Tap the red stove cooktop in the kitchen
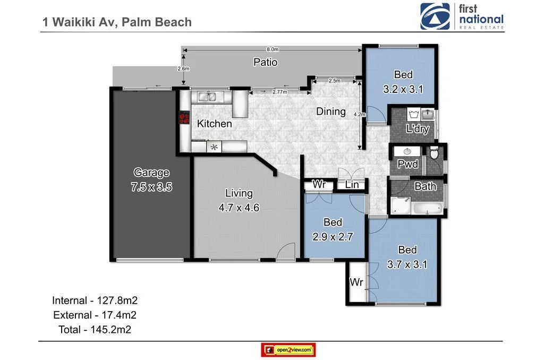pyautogui.click(x=184, y=117)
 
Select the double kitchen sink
pyautogui.click(x=211, y=97)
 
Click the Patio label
pyautogui.click(x=265, y=62)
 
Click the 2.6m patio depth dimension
pyautogui.click(x=183, y=68)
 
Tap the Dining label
pyautogui.click(x=330, y=112)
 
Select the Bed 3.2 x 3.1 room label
pyautogui.click(x=403, y=82)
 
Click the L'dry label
pyautogui.click(x=417, y=128)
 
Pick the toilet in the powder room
pyautogui.click(x=434, y=154)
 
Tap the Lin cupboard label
pyautogui.click(x=352, y=185)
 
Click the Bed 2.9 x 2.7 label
pyautogui.click(x=333, y=230)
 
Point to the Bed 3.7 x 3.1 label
pyautogui.click(x=407, y=257)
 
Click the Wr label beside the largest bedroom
pyautogui.click(x=356, y=282)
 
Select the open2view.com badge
pyautogui.click(x=288, y=350)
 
